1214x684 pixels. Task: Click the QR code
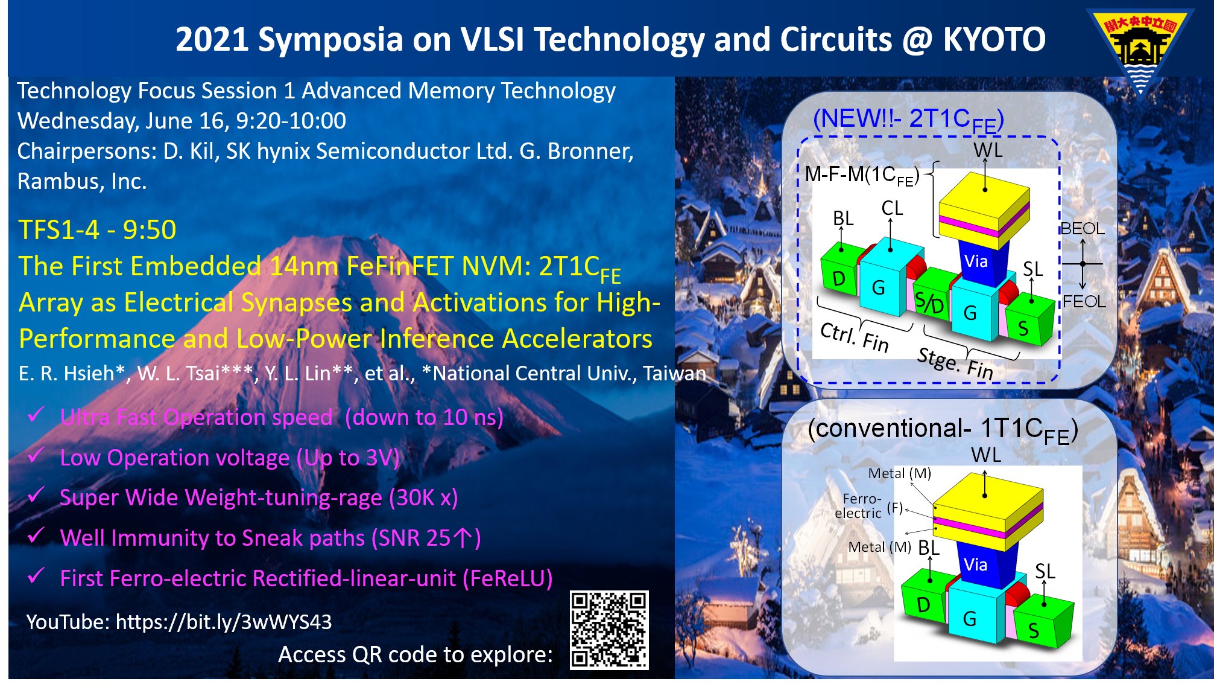[609, 630]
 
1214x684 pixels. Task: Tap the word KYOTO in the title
[994, 40]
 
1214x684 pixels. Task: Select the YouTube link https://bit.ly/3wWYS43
[223, 622]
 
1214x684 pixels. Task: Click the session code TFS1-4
[58, 230]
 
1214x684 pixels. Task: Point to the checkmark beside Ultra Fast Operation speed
[36, 415]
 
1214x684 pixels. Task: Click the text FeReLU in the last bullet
[507, 578]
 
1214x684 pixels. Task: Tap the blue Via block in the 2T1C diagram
[977, 261]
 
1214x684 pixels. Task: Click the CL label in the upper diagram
[892, 208]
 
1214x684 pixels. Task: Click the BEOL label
[1083, 229]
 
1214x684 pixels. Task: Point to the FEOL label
[1084, 301]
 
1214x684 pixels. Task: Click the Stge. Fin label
[955, 363]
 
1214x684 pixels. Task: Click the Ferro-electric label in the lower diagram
[858, 506]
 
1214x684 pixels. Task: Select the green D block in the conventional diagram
[923, 604]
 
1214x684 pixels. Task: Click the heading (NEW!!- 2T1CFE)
[908, 120]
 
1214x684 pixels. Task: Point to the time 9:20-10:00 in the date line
[291, 121]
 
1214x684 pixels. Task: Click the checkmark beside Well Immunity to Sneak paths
[36, 535]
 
